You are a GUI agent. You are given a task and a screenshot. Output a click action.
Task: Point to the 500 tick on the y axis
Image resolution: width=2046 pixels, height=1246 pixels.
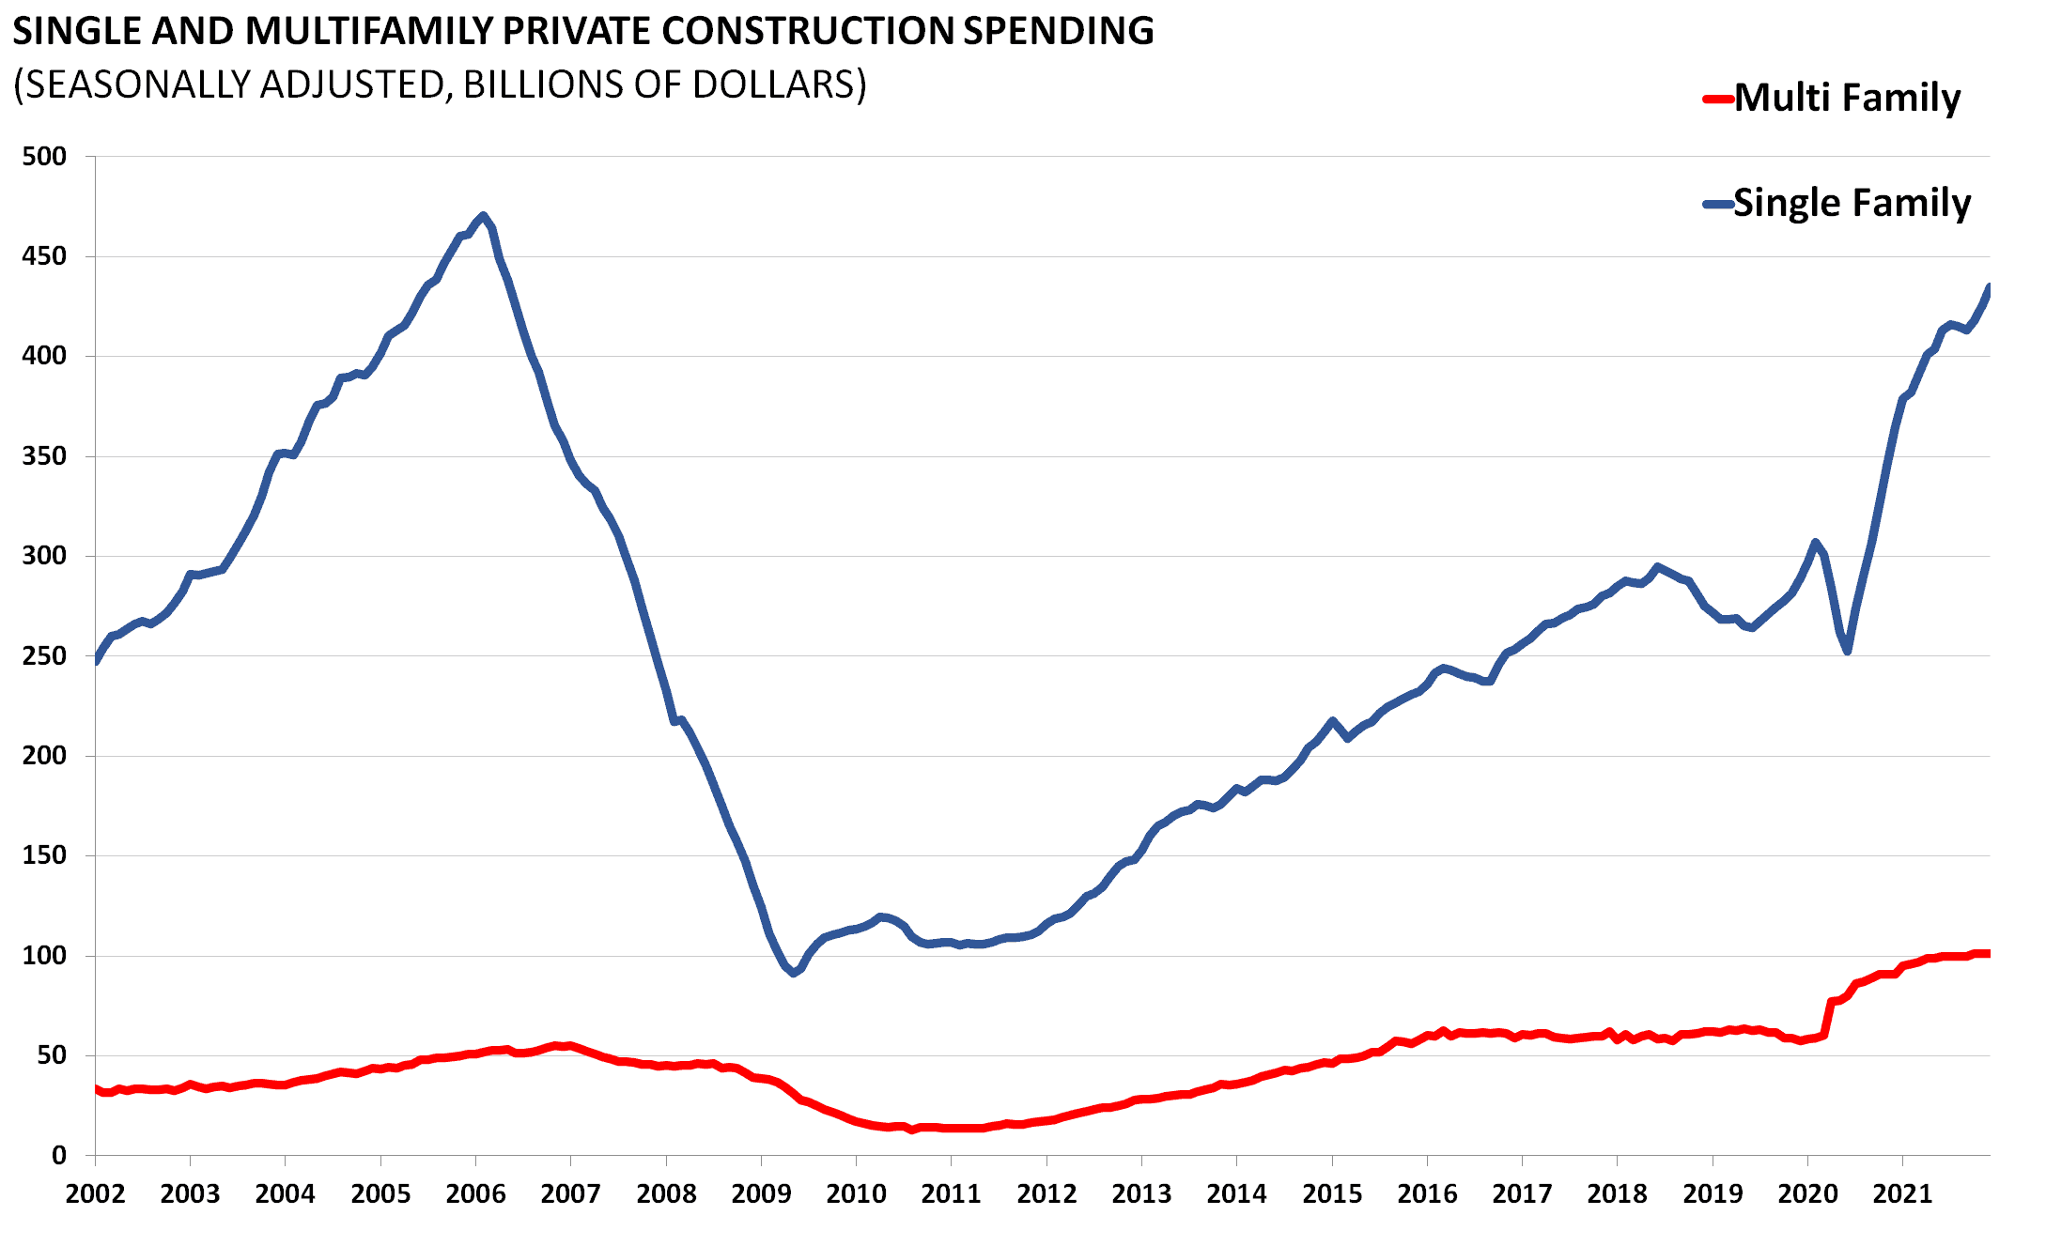(44, 156)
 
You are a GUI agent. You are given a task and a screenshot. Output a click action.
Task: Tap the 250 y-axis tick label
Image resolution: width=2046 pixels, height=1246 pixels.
(44, 655)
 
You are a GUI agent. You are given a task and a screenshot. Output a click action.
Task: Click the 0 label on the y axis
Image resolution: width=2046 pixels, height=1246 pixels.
(58, 1156)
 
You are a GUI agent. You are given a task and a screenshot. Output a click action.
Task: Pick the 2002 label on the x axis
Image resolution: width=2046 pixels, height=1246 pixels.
(95, 1194)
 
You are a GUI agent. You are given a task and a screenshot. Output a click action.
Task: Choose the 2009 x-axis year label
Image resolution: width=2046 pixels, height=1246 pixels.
(761, 1194)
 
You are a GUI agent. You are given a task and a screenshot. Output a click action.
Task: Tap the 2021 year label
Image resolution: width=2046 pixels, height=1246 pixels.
(1902, 1194)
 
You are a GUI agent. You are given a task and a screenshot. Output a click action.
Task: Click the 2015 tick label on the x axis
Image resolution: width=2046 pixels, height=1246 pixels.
(1331, 1194)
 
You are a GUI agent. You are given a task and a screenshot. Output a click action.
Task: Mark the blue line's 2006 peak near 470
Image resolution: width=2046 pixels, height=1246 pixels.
(483, 216)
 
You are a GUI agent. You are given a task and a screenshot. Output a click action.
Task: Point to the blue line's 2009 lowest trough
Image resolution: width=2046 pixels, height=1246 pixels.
(794, 974)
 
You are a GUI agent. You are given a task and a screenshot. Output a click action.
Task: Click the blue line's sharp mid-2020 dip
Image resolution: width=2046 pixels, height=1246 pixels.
(1847, 651)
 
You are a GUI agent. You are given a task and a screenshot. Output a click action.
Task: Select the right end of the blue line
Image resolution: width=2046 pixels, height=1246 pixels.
(1989, 286)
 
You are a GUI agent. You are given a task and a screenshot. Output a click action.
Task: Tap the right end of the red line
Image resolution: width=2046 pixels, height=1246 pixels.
(1988, 954)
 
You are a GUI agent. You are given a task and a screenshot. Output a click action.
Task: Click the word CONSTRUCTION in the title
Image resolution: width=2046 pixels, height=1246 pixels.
(807, 31)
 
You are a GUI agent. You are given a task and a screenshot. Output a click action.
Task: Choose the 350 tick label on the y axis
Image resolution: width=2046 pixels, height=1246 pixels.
(44, 456)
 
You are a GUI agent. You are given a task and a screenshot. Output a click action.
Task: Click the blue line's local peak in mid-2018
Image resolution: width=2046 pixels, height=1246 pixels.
(1657, 566)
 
